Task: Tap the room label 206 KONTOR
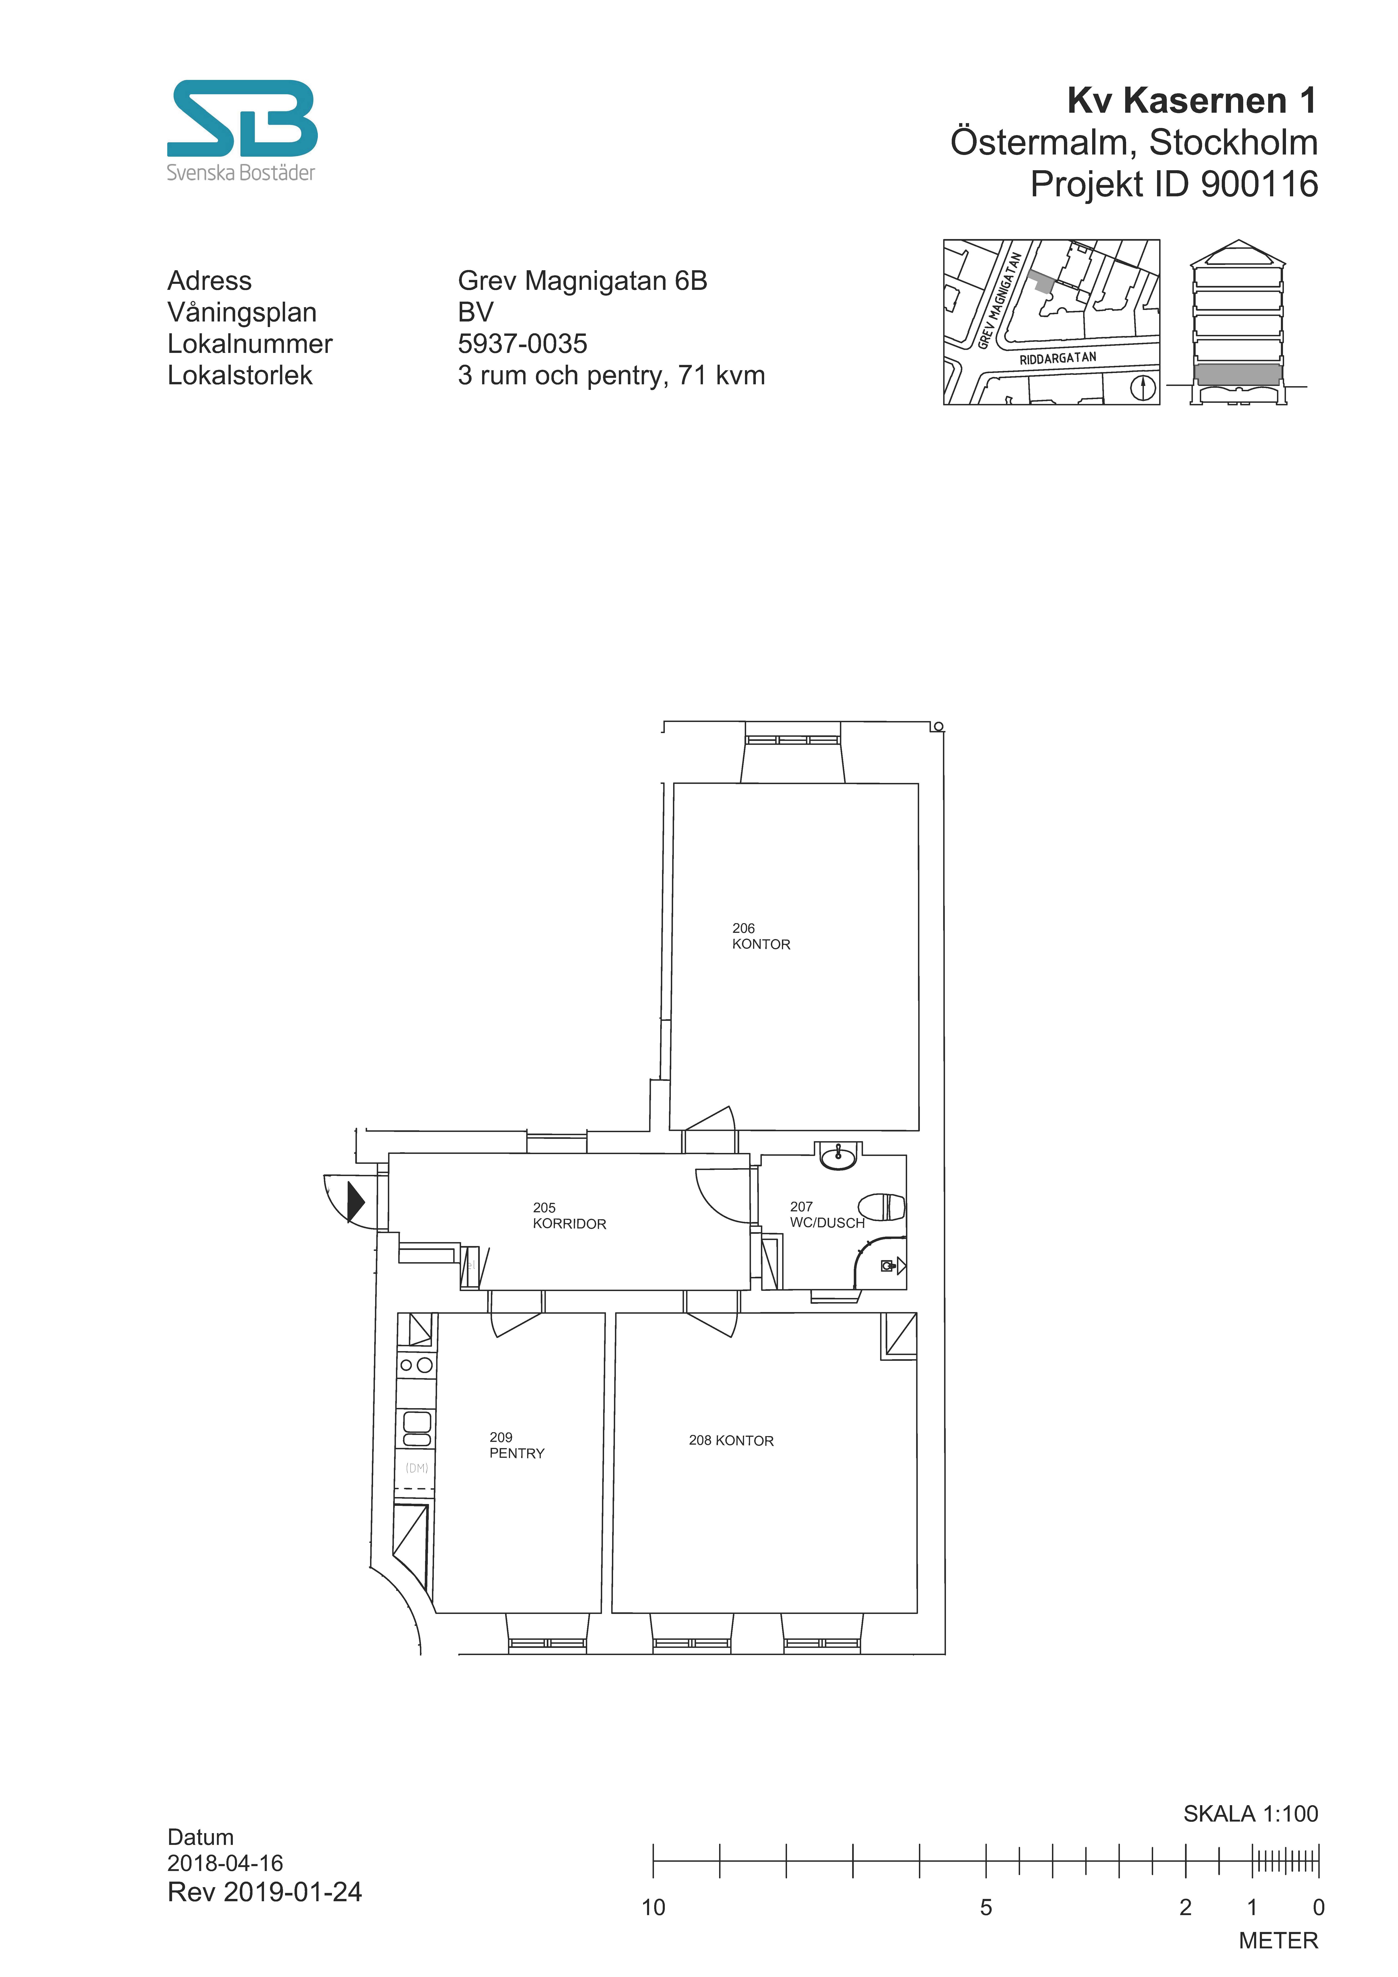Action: point(761,936)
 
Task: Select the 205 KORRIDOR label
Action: point(569,1216)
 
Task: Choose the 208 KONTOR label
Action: point(731,1440)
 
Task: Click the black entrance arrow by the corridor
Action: point(355,1202)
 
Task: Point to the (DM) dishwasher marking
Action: point(417,1468)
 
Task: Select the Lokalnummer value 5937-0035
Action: point(522,344)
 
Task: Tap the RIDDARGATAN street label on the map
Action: point(1058,358)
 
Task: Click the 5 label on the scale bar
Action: point(986,1907)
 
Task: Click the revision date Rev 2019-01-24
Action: point(264,1892)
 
